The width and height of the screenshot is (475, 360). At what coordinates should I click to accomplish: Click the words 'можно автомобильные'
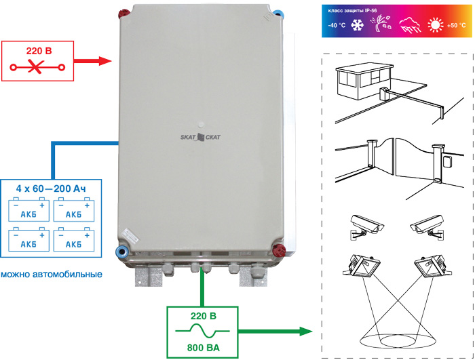click(x=52, y=275)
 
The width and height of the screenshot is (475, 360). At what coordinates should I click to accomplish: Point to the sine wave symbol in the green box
click(x=203, y=333)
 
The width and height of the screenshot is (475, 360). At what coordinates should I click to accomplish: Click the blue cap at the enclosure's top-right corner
click(x=277, y=12)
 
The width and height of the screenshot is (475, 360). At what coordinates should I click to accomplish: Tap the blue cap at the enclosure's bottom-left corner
click(x=123, y=251)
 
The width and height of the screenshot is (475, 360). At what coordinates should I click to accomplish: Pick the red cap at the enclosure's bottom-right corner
click(x=276, y=249)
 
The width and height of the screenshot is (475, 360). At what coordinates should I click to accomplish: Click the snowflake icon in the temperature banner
click(x=357, y=26)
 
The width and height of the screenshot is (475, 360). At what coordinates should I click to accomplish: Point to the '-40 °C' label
click(x=337, y=26)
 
